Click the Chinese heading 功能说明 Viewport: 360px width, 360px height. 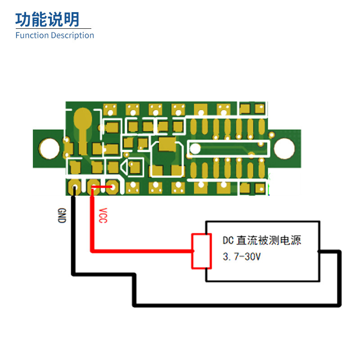pos(47,19)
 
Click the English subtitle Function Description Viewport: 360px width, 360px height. pos(54,35)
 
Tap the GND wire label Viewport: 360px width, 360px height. pos(62,215)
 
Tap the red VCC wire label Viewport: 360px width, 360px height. pos(103,215)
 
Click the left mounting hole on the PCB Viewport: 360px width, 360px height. pos(49,148)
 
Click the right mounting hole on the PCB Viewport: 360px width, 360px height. pos(284,148)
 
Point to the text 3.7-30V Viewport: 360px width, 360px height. pos(242,257)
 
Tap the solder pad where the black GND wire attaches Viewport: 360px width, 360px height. pos(74,186)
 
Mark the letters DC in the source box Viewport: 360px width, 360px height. pos(228,240)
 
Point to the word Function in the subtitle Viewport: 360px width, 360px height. pos(31,35)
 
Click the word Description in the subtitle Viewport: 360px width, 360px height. pos(72,36)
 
